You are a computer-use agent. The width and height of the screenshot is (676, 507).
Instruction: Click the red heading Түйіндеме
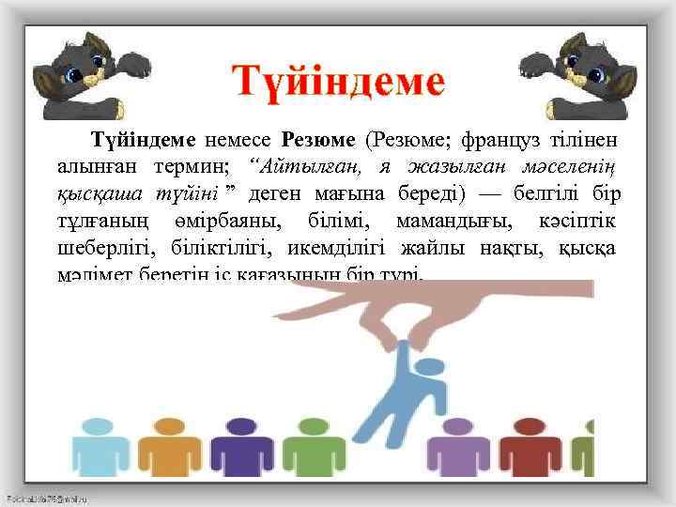[x=338, y=84]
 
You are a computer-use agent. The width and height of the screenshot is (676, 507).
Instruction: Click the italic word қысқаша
[x=93, y=194]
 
